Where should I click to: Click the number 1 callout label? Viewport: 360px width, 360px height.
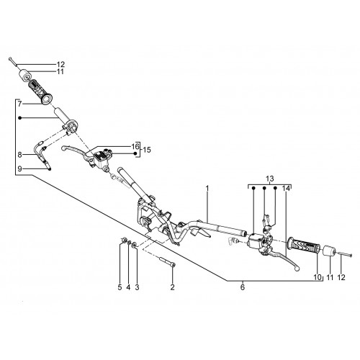pos(207,189)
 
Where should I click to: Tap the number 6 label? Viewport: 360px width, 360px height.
pos(243,287)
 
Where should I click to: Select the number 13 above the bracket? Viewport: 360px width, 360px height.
pos(270,179)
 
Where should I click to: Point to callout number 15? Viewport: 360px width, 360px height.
pos(147,150)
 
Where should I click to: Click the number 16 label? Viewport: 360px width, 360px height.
pos(135,146)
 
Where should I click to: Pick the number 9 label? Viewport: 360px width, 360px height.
pos(19,168)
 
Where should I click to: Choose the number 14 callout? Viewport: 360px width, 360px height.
pos(286,189)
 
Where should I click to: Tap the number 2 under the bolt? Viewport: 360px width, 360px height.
pos(172,287)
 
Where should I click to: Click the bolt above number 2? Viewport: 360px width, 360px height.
pos(167,261)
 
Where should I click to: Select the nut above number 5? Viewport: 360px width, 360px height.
pos(124,240)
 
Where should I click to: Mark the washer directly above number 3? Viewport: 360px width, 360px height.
pos(135,245)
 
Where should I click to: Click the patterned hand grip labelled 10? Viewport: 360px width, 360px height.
pos(304,245)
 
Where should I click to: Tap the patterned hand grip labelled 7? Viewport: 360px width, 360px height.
pos(40,91)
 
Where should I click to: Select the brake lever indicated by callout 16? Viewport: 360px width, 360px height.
pos(76,150)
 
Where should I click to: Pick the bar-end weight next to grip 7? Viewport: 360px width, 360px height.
pos(25,75)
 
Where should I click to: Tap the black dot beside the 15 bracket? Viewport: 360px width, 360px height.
pos(135,153)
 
